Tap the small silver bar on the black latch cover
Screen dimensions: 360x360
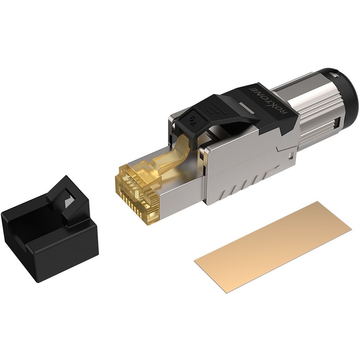(x=246, y=108)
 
